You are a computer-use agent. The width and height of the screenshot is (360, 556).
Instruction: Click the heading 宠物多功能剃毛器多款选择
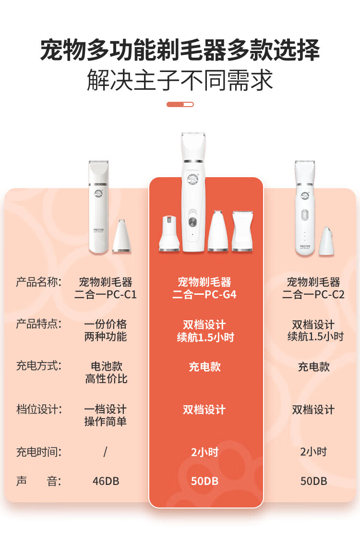180,51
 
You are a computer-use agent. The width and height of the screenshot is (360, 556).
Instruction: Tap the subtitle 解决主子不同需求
180,80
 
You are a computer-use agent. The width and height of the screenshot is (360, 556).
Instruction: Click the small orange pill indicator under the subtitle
180,104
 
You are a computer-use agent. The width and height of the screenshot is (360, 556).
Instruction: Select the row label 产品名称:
39,282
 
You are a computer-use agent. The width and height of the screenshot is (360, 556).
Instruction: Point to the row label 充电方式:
39,366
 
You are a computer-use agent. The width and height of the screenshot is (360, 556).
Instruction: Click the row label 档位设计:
39,410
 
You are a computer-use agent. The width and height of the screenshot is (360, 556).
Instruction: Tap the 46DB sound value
106,481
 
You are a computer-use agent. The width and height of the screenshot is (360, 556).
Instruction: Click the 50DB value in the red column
204,481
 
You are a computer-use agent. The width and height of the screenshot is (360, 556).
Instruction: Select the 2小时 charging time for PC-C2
313,452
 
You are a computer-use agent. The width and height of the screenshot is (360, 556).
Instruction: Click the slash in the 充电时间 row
105,452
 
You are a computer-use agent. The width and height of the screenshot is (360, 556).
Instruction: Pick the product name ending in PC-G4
204,288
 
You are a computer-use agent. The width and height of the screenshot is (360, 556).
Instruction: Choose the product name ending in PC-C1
106,288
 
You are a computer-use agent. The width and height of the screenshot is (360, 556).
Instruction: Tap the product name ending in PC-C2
313,288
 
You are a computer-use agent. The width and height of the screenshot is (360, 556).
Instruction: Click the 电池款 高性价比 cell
106,373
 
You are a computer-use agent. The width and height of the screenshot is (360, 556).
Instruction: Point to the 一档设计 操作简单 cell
106,415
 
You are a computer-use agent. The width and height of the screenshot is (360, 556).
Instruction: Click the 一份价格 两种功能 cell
106,330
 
